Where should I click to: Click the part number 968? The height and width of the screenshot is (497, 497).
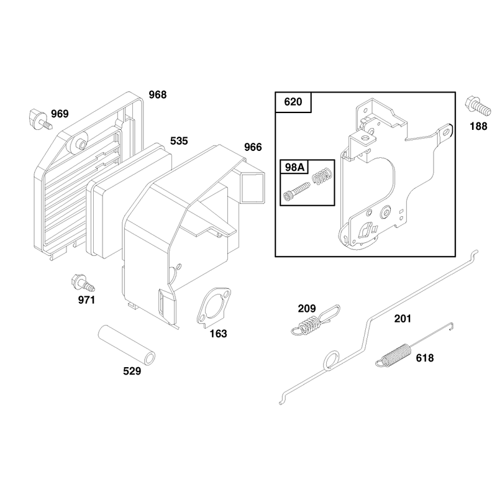[x=158, y=94]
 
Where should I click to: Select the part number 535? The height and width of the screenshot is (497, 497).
[x=179, y=141]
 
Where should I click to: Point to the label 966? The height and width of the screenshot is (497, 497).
[x=253, y=147]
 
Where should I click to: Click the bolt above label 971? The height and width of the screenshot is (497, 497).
[x=83, y=283]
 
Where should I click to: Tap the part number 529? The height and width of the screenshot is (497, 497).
[x=132, y=371]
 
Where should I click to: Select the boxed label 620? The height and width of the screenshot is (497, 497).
[x=293, y=102]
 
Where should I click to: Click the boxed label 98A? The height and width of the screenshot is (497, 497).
[x=294, y=167]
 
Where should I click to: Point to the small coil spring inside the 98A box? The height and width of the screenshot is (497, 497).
[x=322, y=176]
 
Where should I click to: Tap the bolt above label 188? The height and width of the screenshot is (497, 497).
[x=478, y=106]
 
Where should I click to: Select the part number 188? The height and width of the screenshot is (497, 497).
[x=478, y=126]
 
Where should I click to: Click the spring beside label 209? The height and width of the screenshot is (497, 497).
[x=316, y=320]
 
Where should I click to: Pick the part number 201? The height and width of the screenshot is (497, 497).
[x=403, y=318]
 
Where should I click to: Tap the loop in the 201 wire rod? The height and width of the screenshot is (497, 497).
[x=332, y=360]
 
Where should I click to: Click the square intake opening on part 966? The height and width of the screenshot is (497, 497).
[x=253, y=187]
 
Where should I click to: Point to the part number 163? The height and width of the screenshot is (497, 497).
[x=219, y=334]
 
